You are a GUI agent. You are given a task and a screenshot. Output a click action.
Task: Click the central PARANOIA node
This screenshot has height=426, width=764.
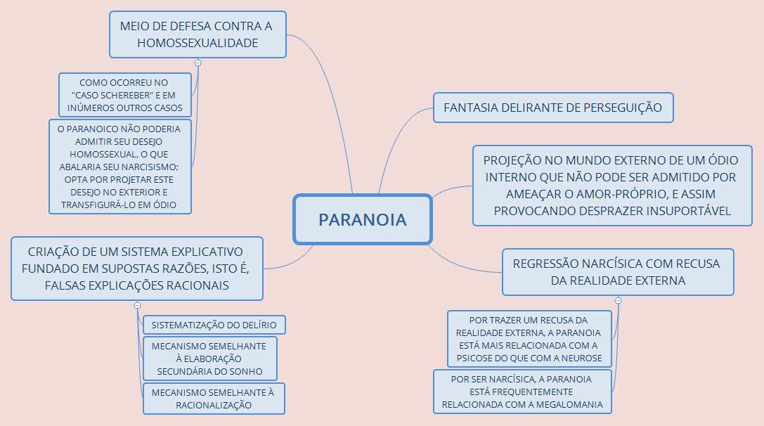362,219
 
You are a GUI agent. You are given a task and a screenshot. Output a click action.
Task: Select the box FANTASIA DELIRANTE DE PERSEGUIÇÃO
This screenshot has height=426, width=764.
553,108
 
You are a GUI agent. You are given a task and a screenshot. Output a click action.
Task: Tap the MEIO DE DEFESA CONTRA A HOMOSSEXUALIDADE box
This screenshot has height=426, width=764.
198,34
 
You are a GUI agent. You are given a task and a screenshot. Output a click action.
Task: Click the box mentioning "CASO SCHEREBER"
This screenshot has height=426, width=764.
125,95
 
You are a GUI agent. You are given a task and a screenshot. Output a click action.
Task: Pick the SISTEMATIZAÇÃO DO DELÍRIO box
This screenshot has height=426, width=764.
214,325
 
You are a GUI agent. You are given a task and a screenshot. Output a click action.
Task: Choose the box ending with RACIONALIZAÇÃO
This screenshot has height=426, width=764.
214,399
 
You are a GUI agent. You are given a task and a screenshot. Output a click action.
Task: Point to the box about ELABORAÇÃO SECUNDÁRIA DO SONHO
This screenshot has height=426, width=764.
209,359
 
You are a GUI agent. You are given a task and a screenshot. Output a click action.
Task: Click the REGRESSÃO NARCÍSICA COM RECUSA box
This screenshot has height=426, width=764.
617,272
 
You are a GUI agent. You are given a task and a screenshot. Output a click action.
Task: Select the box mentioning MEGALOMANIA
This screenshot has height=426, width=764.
523,392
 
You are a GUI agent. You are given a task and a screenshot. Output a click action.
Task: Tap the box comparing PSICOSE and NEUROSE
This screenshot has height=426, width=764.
530,340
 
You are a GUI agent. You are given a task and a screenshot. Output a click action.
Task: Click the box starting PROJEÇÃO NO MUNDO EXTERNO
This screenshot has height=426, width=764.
612,186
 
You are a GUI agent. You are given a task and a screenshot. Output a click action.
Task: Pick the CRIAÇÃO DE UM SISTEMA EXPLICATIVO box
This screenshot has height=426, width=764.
136,269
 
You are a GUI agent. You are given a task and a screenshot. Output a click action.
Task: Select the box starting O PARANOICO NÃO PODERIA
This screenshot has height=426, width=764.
119,167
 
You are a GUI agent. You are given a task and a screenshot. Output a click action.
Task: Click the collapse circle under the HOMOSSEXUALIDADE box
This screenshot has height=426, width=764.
198,63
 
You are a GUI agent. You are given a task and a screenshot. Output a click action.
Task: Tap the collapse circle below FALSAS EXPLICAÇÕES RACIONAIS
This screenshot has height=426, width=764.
137,305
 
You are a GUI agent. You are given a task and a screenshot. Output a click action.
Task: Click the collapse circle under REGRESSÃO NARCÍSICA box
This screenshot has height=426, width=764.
618,300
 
